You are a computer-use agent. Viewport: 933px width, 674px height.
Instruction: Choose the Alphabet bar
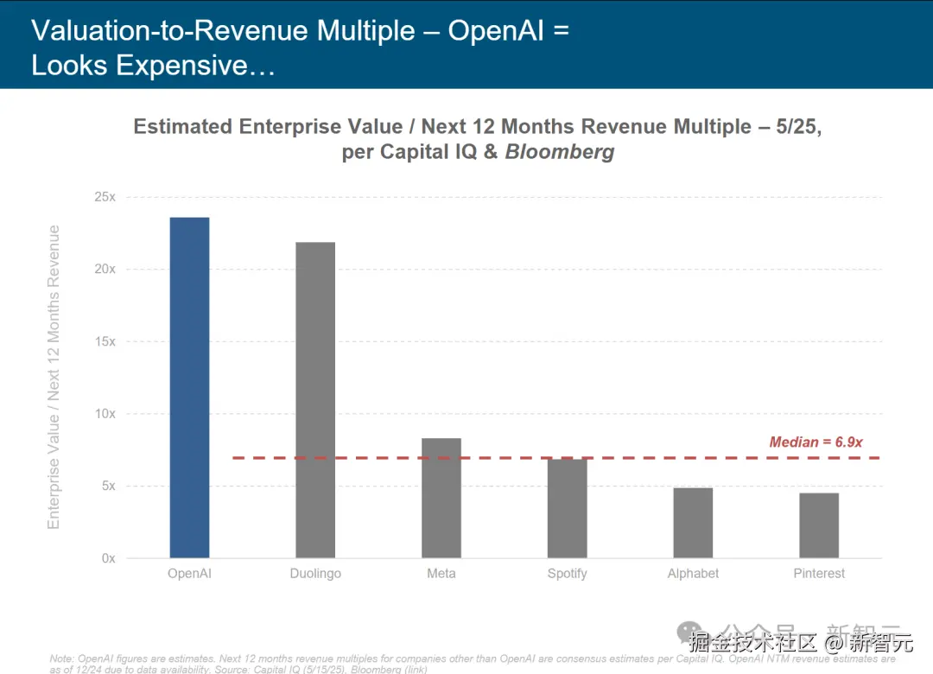[693, 523]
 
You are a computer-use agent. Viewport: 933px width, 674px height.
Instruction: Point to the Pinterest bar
[819, 525]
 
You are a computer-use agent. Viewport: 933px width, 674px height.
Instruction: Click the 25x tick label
[105, 197]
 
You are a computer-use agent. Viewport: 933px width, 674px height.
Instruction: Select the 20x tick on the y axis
[105, 270]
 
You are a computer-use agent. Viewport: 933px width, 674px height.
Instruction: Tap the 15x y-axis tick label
[105, 341]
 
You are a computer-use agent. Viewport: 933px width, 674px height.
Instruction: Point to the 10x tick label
[105, 414]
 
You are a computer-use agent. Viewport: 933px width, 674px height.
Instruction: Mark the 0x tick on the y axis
[108, 558]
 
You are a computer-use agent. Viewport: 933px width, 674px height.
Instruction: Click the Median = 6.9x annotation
[816, 442]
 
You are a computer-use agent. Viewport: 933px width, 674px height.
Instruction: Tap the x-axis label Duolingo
[315, 574]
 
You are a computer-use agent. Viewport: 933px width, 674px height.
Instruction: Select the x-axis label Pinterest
[819, 574]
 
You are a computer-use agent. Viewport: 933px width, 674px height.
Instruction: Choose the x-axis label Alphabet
[693, 574]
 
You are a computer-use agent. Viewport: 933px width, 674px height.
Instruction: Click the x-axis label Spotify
[567, 574]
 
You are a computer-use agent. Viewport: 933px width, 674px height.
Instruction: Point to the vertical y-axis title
[54, 377]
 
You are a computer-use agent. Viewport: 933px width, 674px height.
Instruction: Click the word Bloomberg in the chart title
[560, 152]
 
